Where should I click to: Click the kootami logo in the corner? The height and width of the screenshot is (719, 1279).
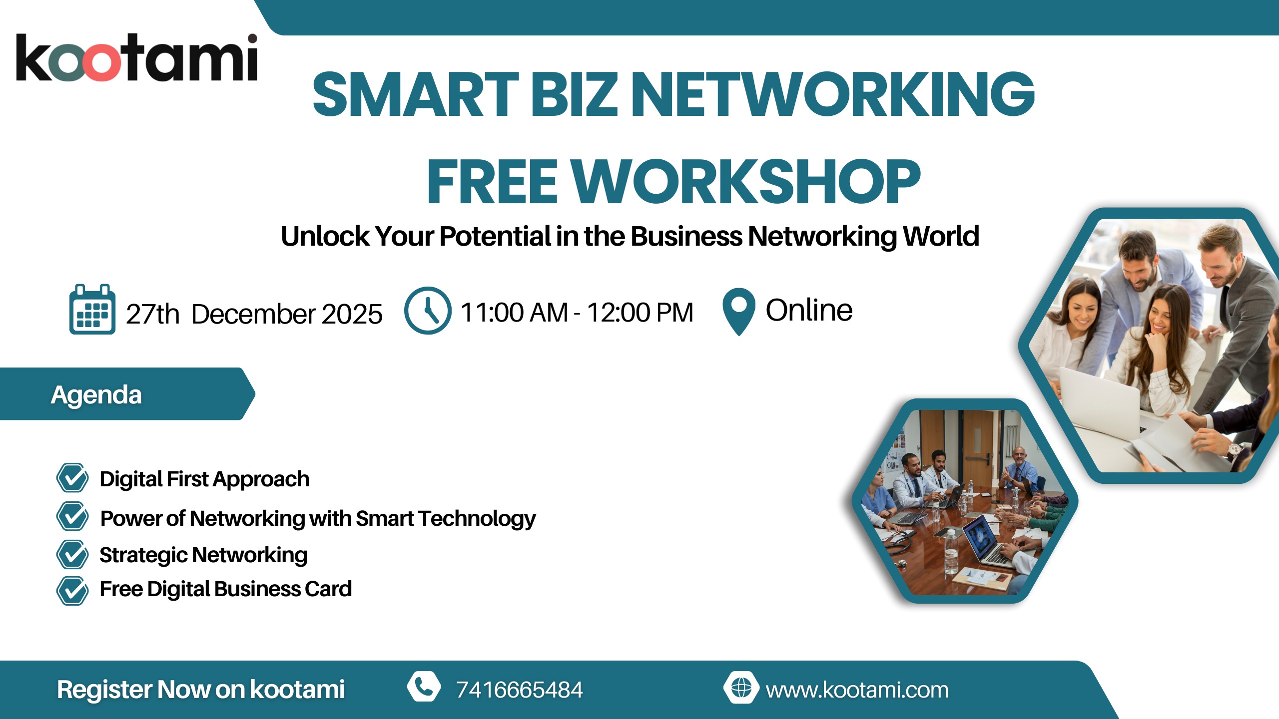click(137, 57)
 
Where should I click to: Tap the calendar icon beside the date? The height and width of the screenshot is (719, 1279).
click(92, 309)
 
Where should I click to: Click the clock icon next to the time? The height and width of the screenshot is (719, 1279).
click(428, 311)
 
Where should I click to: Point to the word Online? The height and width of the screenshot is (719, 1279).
click(809, 310)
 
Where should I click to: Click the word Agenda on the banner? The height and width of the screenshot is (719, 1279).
click(96, 395)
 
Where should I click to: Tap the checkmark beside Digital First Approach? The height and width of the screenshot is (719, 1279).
click(72, 478)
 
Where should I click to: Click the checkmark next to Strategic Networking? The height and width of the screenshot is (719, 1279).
click(72, 554)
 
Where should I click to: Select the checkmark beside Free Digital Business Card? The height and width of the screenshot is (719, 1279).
click(72, 591)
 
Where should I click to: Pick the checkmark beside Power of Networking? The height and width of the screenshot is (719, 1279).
click(72, 516)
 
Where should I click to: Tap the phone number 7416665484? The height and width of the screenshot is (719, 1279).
click(520, 690)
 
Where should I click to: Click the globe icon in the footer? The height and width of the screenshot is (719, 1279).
click(741, 688)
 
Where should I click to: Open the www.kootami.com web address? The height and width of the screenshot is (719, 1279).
click(857, 690)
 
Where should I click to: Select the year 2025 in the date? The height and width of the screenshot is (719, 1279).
click(352, 314)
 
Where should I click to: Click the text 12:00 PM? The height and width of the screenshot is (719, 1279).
click(640, 313)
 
